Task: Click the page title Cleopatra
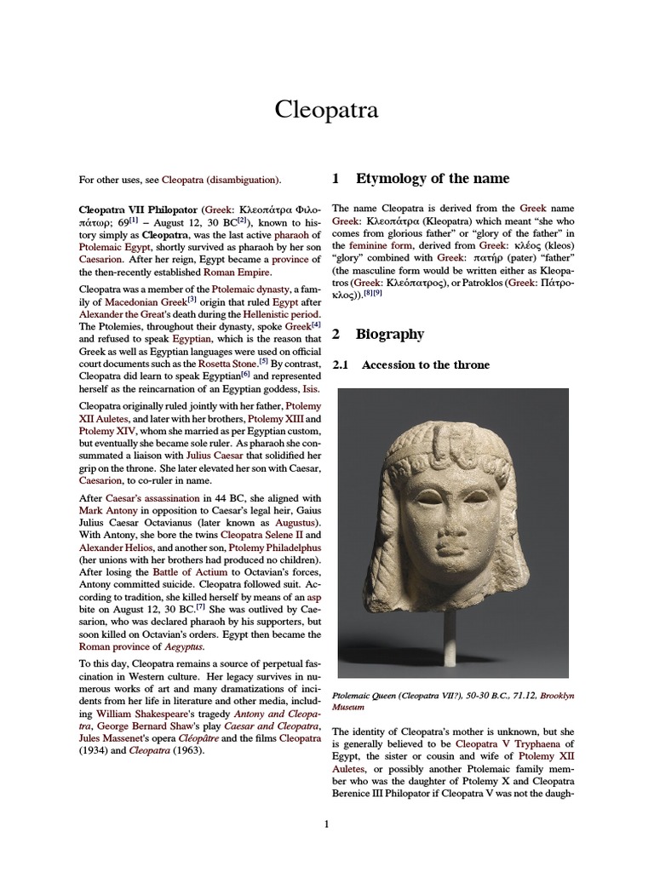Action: (326, 110)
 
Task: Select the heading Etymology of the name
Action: (432, 178)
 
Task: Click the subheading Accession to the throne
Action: (425, 365)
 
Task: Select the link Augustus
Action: (294, 521)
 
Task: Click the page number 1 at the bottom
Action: (326, 823)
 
